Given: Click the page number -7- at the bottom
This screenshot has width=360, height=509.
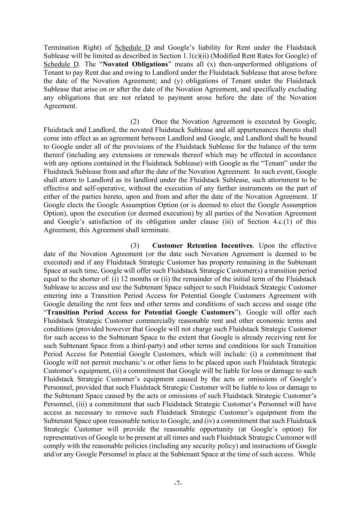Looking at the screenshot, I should [x=178, y=484].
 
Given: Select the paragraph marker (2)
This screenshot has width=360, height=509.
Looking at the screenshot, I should [x=135, y=122].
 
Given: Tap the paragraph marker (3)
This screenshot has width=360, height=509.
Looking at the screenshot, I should [x=135, y=246].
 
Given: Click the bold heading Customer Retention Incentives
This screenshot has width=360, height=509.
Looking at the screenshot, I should [x=202, y=246].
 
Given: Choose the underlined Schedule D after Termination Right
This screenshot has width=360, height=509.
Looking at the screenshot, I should [x=132, y=47].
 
